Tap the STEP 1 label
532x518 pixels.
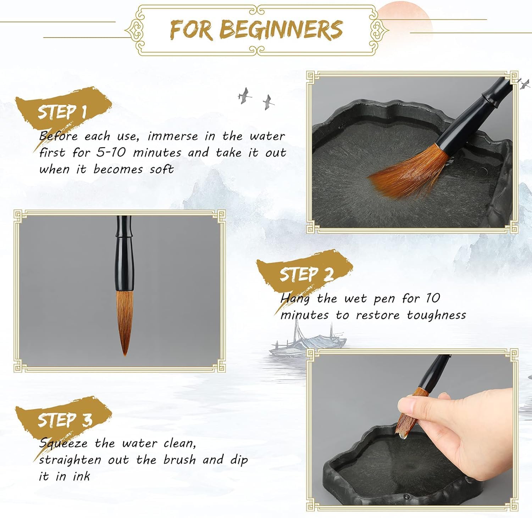[62, 112]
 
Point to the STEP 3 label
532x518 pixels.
[65, 420]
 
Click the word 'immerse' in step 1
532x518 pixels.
[173, 136]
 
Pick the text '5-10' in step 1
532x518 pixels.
[111, 153]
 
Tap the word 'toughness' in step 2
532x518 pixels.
[437, 315]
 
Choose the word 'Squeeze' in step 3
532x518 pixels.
[63, 444]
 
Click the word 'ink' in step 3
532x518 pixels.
[82, 476]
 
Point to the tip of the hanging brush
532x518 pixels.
[125, 355]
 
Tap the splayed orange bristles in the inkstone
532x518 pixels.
[408, 174]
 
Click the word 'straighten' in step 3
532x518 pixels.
[71, 460]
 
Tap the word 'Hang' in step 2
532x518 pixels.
[294, 299]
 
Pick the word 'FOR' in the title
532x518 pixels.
[192, 30]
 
